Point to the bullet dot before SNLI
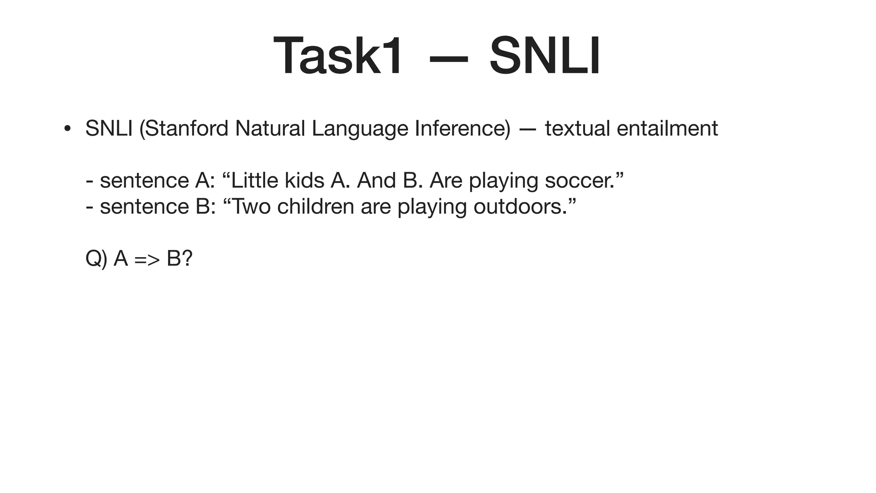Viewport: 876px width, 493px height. (67, 129)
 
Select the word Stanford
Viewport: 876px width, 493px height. (187, 128)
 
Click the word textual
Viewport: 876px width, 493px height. (577, 128)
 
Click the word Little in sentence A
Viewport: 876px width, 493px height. (255, 180)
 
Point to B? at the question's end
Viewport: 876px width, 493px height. (180, 258)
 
